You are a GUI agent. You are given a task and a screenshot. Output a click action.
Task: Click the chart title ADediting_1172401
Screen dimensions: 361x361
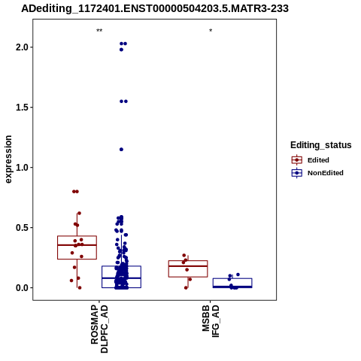155,8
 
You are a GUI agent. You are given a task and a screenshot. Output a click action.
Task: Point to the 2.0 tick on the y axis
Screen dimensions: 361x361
23,47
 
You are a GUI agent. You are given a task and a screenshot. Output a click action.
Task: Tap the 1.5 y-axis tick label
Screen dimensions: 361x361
23,108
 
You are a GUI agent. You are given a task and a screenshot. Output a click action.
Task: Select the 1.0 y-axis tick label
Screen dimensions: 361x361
23,168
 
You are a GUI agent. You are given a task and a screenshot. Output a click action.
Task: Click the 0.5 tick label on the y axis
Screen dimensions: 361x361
23,228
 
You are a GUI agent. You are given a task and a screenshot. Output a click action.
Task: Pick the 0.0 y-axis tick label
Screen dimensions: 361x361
23,288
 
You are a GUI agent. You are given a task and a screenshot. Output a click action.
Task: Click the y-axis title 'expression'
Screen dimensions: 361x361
8,159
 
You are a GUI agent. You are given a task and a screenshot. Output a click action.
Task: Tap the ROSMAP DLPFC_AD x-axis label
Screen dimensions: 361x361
99,329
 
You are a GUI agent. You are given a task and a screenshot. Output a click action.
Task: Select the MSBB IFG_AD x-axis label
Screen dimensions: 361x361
211,321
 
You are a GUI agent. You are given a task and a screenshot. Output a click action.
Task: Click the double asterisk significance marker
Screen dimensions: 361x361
99,31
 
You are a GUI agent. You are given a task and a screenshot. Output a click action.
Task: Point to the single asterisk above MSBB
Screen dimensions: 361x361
211,31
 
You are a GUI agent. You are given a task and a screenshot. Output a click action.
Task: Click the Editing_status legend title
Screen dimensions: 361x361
321,145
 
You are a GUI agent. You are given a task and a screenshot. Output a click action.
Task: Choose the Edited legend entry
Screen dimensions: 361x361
311,160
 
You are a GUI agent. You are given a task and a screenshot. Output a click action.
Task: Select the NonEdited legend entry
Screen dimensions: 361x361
317,173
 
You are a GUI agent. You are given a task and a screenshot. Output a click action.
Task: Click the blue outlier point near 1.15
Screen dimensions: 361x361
121,150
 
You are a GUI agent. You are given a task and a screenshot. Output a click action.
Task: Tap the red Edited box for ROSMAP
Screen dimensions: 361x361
77,247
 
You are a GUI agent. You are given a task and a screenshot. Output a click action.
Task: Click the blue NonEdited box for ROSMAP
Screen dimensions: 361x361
121,277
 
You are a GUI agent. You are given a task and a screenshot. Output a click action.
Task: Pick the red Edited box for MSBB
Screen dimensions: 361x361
188,268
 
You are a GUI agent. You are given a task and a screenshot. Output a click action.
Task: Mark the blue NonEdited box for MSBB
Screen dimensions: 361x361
232,283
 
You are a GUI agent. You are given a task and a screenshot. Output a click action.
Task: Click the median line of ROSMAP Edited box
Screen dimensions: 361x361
77,245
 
